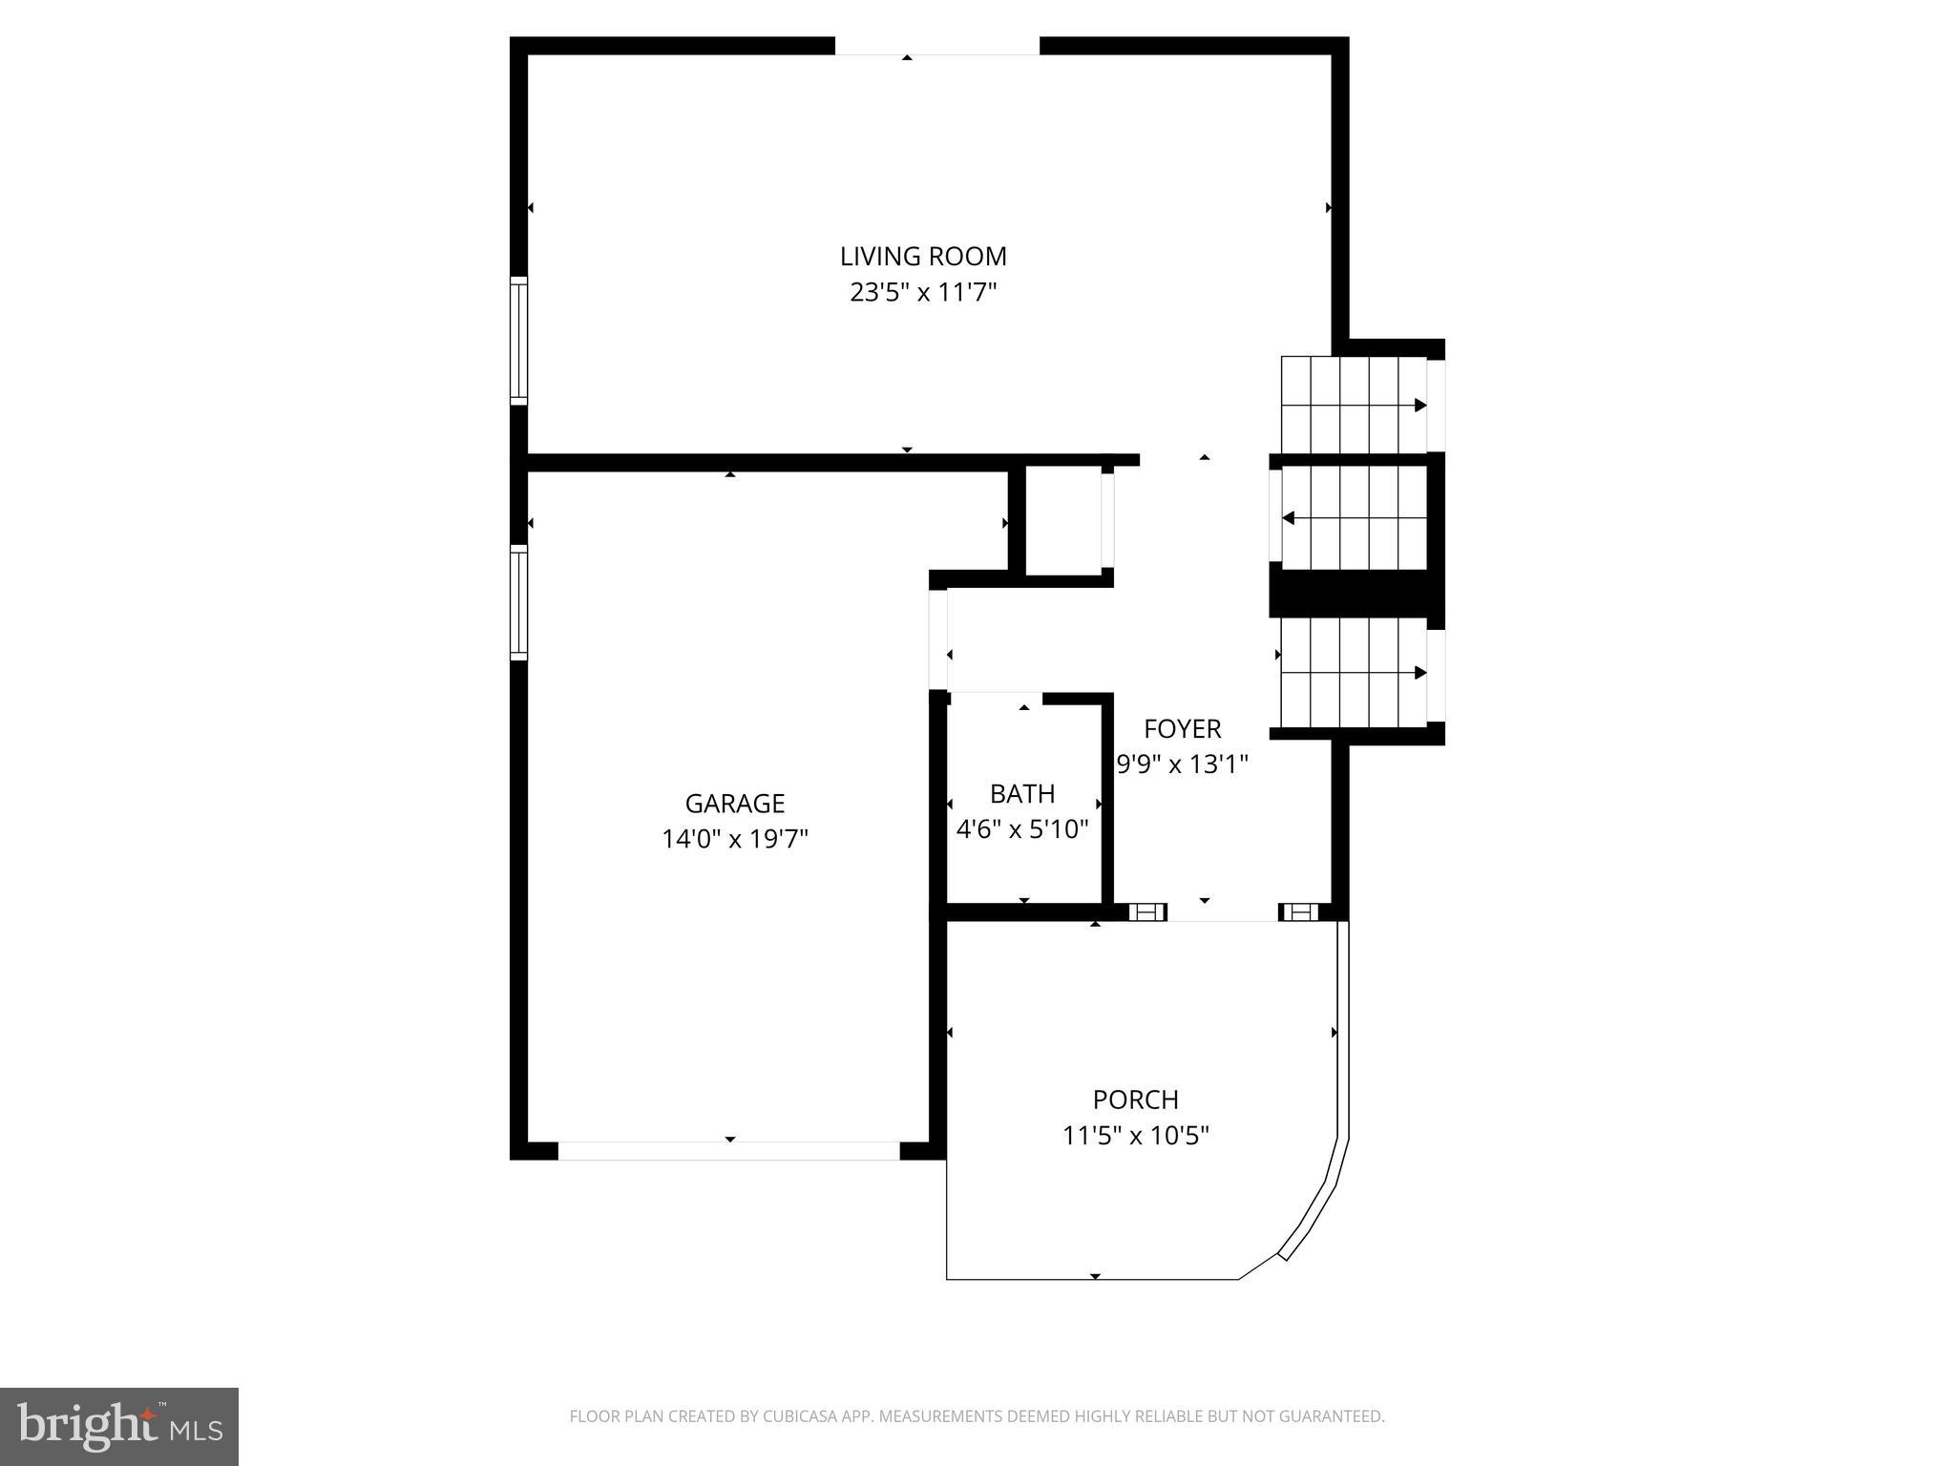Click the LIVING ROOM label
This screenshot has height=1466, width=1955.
click(923, 256)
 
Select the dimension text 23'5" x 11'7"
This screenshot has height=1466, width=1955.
click(923, 292)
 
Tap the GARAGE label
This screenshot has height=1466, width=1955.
click(735, 803)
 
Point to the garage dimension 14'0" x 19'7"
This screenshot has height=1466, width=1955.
click(735, 839)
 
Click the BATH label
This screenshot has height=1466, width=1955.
click(1022, 793)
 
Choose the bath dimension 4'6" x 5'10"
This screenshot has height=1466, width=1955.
click(1022, 828)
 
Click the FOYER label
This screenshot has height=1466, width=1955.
click(1183, 728)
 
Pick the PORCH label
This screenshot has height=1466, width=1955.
click(1136, 1099)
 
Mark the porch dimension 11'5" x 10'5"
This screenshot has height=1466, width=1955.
click(1136, 1136)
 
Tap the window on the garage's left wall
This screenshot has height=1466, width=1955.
click(518, 602)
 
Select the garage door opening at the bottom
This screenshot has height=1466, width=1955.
click(729, 1150)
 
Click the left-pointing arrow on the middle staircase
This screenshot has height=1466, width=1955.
click(1288, 518)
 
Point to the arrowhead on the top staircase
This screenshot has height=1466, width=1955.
click(1420, 406)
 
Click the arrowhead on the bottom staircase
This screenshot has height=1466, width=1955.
click(1420, 673)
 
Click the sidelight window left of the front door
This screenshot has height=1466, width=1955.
click(1147, 912)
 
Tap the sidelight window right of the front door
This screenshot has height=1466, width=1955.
click(1298, 912)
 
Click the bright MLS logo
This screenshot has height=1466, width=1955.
click(119, 1427)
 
